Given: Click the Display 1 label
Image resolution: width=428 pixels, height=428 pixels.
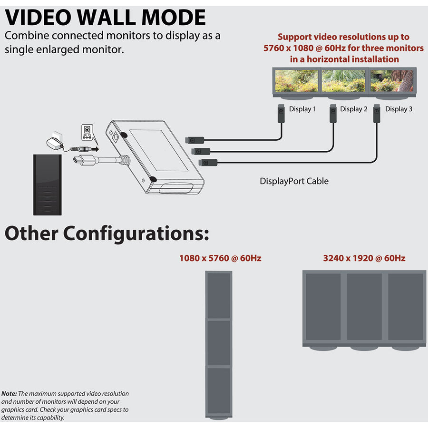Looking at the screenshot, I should click(x=302, y=109).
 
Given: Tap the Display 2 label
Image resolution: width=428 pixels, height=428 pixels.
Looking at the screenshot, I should click(x=354, y=109).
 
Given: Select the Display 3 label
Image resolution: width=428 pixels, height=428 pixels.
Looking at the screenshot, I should click(x=399, y=109).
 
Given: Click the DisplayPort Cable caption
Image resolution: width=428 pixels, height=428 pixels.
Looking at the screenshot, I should click(x=294, y=181).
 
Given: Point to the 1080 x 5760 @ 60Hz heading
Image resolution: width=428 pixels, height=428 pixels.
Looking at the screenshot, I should click(x=220, y=259).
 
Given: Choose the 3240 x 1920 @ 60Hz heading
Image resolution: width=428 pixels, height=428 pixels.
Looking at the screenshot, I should click(x=364, y=259).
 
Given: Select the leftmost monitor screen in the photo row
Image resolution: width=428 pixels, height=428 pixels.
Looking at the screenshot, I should click(x=296, y=81).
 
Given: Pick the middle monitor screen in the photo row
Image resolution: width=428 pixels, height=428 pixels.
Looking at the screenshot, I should click(x=344, y=81).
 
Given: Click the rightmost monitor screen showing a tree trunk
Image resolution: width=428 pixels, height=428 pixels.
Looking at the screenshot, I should click(x=392, y=81).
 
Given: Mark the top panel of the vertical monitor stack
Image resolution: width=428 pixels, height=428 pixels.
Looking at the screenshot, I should click(x=219, y=295).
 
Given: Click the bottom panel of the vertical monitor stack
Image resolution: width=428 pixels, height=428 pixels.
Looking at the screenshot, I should click(x=219, y=390).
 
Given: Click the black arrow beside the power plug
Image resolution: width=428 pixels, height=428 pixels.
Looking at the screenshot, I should click(x=95, y=148).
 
